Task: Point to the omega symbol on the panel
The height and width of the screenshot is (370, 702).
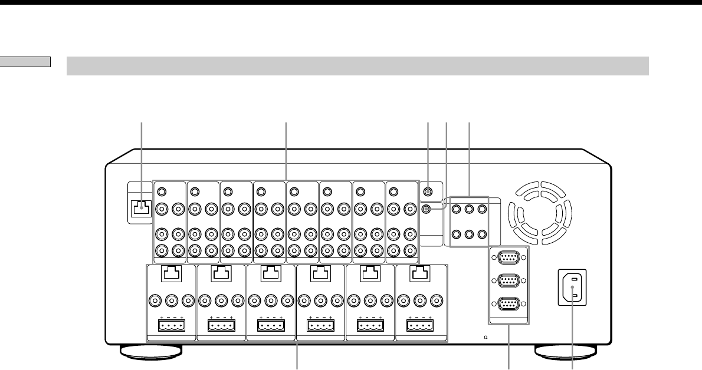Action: point(485,338)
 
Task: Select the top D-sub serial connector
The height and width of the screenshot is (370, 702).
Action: point(509,257)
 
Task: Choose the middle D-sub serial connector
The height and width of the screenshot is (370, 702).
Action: point(509,281)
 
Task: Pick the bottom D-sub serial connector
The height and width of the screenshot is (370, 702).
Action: point(509,306)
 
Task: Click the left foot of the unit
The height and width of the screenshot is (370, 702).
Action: point(150,351)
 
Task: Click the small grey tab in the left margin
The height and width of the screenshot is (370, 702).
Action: point(25,61)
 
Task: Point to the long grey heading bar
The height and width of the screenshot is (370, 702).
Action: point(357,66)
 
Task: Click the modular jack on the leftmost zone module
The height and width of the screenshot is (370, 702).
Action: point(171,273)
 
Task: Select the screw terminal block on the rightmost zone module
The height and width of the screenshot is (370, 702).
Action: point(419,325)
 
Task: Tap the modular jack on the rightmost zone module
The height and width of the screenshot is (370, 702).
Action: point(419,273)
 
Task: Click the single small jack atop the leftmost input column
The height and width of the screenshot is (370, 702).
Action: point(163,191)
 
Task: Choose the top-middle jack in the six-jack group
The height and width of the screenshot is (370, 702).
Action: point(468,208)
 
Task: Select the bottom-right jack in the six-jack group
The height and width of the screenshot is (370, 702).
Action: point(483,234)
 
